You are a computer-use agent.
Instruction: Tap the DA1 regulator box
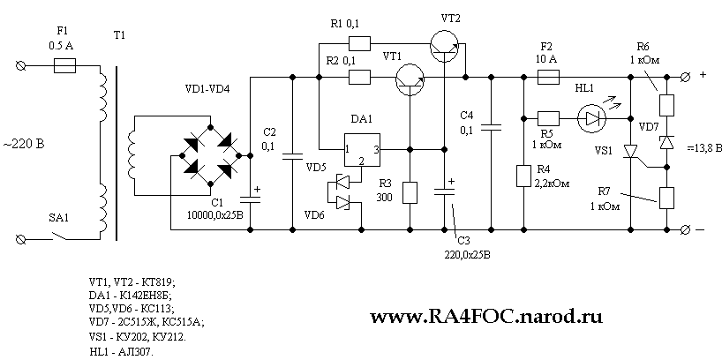pyautogui.click(x=361, y=150)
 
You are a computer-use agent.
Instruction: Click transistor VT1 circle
pyautogui.click(x=410, y=77)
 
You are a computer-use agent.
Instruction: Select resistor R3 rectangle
pyautogui.click(x=410, y=192)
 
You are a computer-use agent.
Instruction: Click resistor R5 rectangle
pyautogui.click(x=547, y=116)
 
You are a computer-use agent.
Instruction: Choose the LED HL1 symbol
pyautogui.click(x=589, y=116)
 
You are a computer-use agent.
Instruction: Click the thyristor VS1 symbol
pyautogui.click(x=630, y=152)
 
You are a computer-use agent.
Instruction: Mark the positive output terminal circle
pyautogui.click(x=686, y=77)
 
